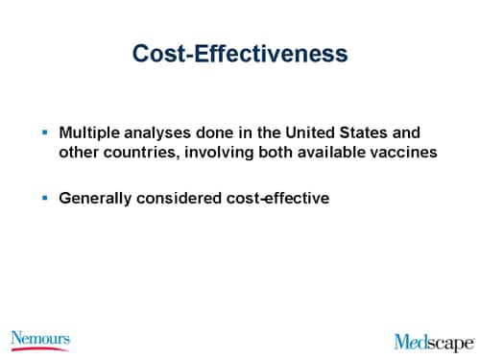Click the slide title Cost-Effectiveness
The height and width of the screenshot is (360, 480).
[240, 54]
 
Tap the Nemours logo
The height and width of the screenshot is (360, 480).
[39, 339]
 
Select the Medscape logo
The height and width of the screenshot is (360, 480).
[434, 342]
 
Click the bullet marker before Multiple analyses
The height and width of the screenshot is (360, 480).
[44, 130]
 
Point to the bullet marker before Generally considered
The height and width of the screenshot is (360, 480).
[44, 197]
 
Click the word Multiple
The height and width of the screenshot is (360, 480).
[89, 132]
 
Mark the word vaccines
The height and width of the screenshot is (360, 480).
[398, 151]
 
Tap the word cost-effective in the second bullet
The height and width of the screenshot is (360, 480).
[276, 199]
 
